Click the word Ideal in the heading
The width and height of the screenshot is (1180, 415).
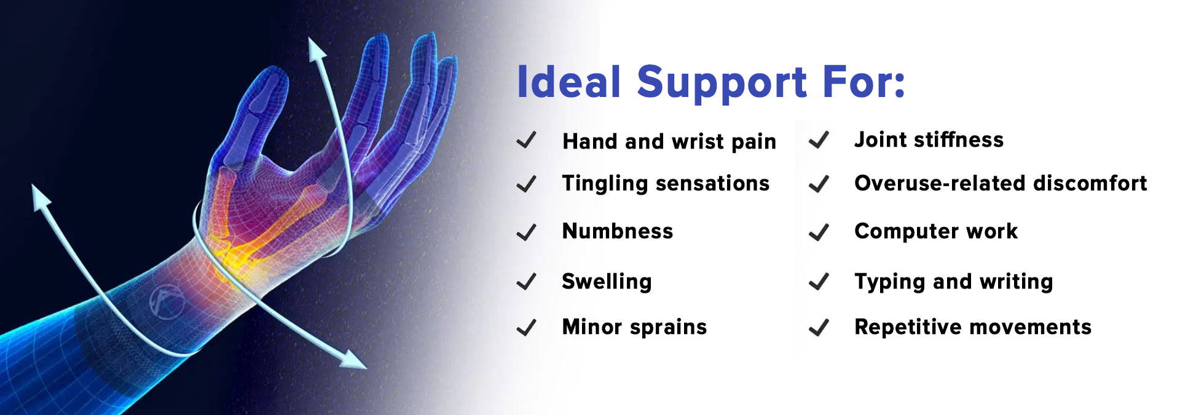tap(569, 82)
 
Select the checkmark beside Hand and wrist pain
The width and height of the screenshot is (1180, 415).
tap(526, 141)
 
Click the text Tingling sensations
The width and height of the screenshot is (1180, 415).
tap(666, 184)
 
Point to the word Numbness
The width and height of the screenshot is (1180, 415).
tap(618, 231)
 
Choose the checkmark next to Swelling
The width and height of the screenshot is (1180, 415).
tap(526, 282)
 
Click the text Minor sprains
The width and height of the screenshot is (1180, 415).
tap(634, 327)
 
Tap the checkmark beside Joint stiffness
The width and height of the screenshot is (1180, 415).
tap(819, 141)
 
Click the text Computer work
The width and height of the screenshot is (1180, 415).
tap(936, 231)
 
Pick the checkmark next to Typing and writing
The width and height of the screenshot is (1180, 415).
tap(819, 282)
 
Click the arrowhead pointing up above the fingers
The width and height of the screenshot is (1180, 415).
tap(316, 49)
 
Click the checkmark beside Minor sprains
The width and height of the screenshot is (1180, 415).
tap(526, 327)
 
